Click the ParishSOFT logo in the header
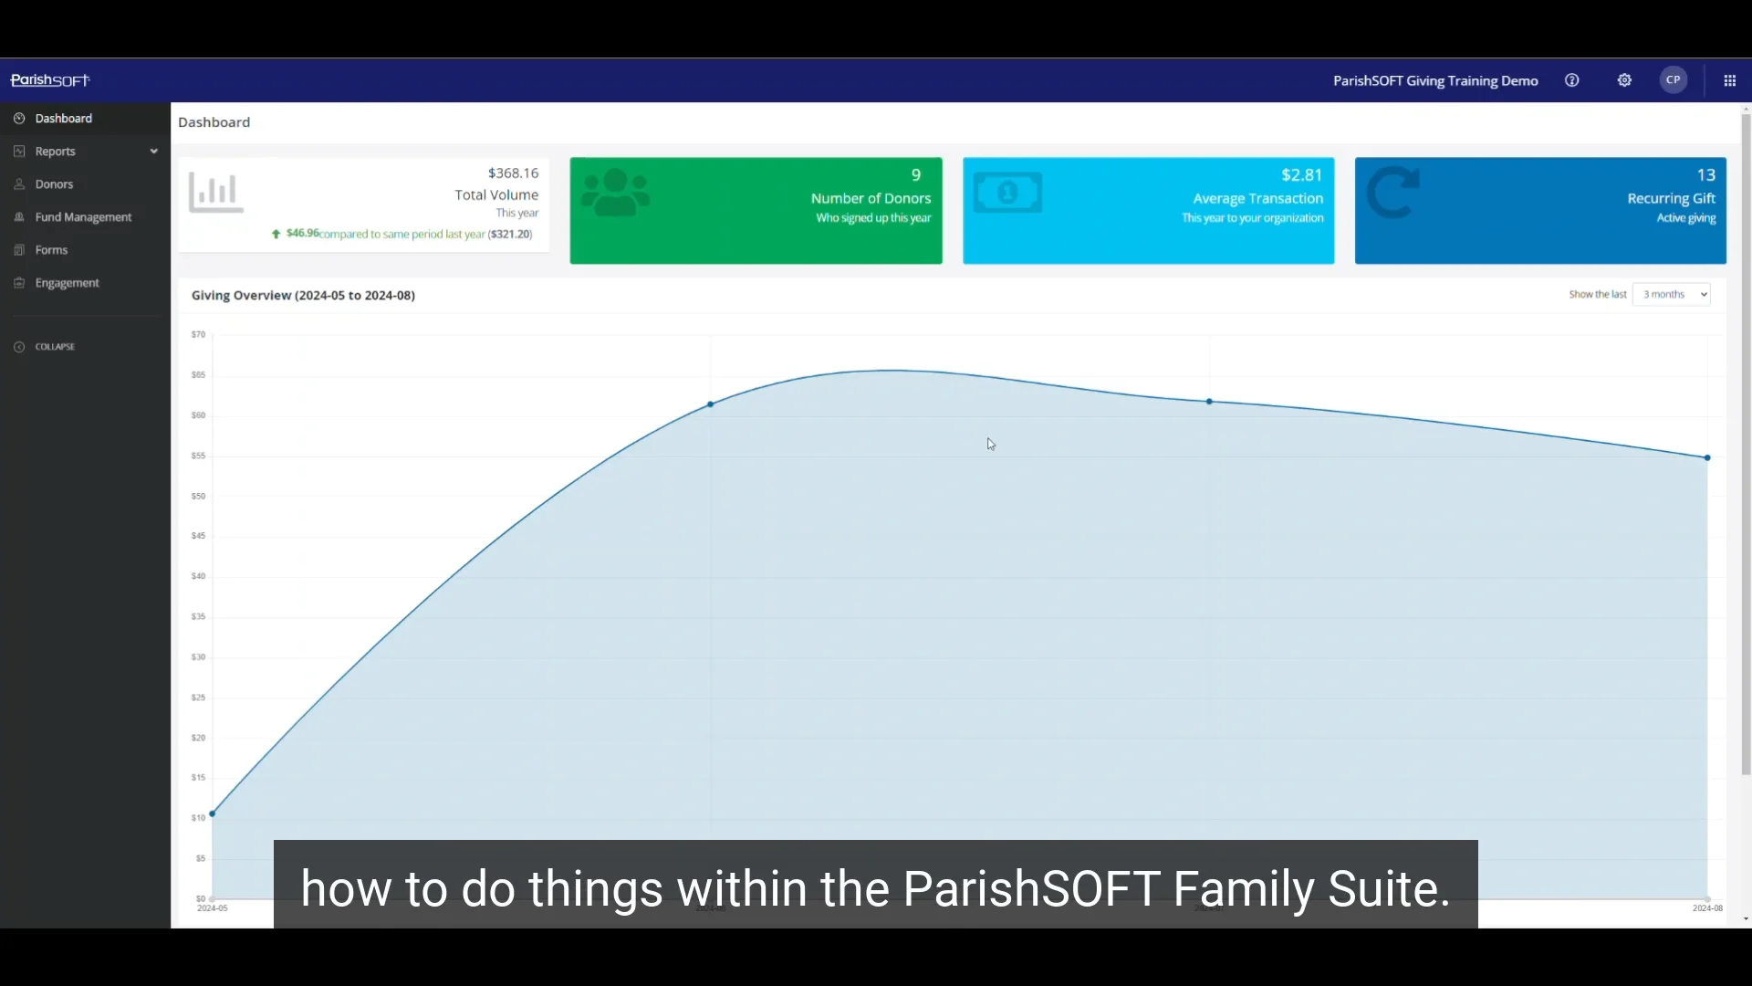click(50, 80)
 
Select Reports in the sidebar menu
click(55, 152)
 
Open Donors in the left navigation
click(54, 184)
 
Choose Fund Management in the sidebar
click(83, 217)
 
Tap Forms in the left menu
click(51, 250)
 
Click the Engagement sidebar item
click(67, 283)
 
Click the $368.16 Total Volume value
click(513, 173)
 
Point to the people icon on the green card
click(616, 193)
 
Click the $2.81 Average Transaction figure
click(1301, 175)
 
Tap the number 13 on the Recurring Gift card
click(1705, 175)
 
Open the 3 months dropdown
click(1671, 295)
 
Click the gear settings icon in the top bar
click(1624, 80)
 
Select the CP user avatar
click(1673, 80)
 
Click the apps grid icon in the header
click(1729, 80)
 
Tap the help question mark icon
click(1571, 80)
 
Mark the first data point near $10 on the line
click(213, 813)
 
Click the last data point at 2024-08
click(1707, 457)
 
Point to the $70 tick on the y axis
click(198, 335)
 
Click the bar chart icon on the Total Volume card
click(216, 193)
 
